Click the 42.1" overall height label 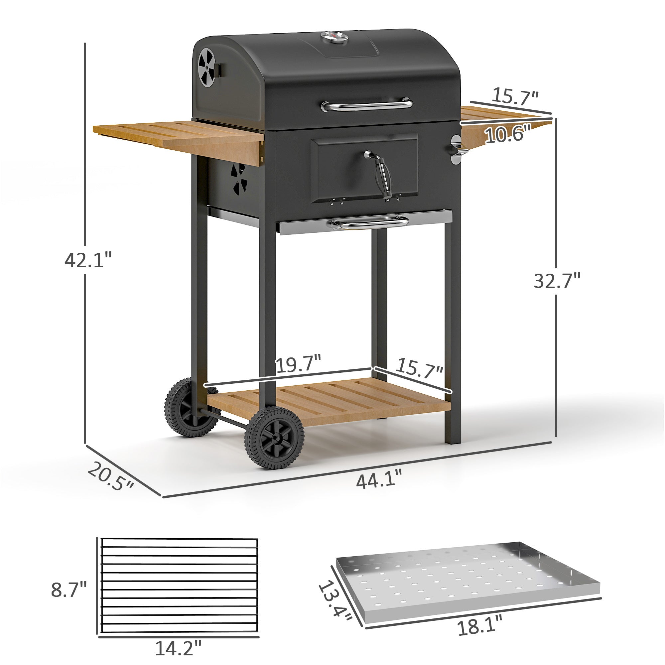point(88,260)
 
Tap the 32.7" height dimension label point(557,281)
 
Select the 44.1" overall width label point(379,481)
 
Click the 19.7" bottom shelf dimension point(298,365)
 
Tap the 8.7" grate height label point(69,590)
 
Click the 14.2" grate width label point(178,648)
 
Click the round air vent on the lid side point(207,67)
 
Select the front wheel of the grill point(274,438)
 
